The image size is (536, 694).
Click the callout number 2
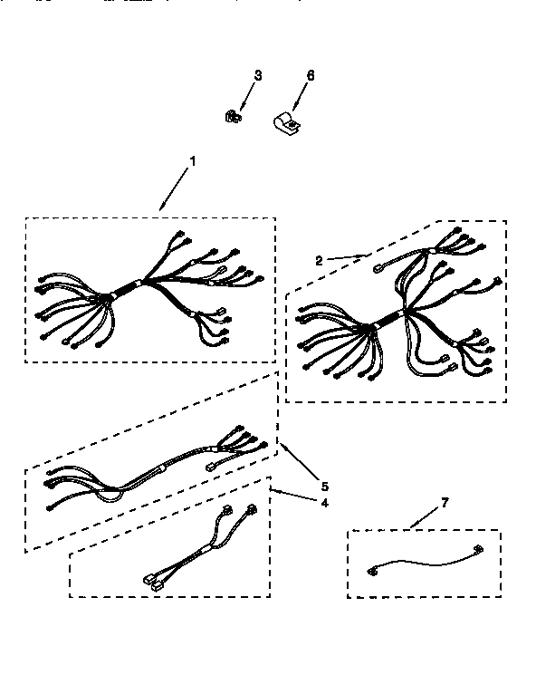click(x=319, y=259)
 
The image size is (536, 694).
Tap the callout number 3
click(x=257, y=76)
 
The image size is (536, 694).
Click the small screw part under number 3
click(x=231, y=116)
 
